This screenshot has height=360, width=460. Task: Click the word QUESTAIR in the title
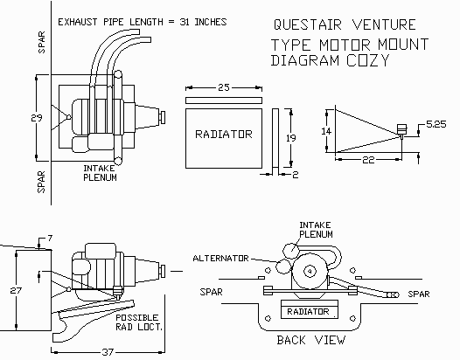(x=308, y=24)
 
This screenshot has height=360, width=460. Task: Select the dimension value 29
(x=37, y=118)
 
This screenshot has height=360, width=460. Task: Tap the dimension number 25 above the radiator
(x=224, y=87)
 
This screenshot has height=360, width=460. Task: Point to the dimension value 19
(x=291, y=138)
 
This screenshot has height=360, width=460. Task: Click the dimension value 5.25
(x=436, y=124)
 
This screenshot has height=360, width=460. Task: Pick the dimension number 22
(x=368, y=160)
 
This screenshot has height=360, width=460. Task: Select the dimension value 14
(x=326, y=131)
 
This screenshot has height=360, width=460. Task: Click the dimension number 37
(x=108, y=352)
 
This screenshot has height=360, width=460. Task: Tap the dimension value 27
(x=16, y=290)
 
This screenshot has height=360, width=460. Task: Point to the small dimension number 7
(x=50, y=238)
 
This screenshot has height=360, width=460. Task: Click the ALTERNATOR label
(x=220, y=259)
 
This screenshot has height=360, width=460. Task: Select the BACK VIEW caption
(x=311, y=340)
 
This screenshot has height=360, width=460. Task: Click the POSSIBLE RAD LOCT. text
(x=138, y=322)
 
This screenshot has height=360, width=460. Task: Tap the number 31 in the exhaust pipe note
(x=185, y=22)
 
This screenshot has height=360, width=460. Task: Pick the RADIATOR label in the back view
(x=308, y=312)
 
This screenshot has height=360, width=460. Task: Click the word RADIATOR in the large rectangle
(x=224, y=135)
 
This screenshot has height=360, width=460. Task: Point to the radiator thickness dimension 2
(x=296, y=175)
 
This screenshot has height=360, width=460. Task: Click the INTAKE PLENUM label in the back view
(x=316, y=230)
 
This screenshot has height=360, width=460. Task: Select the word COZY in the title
(x=368, y=60)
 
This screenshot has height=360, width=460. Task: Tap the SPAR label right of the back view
(x=419, y=294)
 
